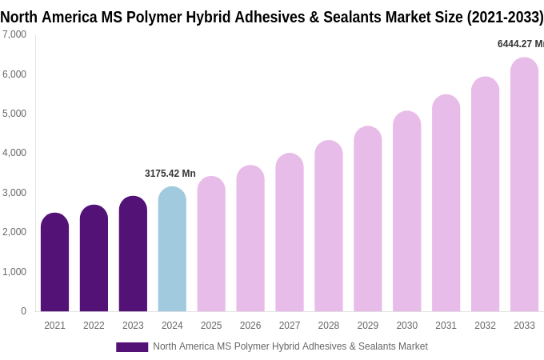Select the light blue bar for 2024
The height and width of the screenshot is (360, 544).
click(x=172, y=250)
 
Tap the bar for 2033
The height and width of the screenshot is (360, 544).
click(x=524, y=185)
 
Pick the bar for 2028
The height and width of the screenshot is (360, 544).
click(x=329, y=226)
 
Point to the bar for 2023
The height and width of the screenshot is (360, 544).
click(x=133, y=254)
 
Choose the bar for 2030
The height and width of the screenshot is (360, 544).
click(x=406, y=211)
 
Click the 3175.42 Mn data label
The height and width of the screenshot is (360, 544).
click(x=170, y=174)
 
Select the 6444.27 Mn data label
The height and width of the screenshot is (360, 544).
click(x=520, y=44)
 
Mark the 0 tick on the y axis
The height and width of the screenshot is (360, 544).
click(x=23, y=311)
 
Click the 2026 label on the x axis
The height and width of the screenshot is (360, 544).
click(x=250, y=326)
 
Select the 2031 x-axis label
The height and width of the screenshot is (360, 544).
click(x=446, y=326)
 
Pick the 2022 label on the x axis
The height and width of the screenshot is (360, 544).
click(x=94, y=326)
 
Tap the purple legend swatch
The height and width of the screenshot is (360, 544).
click(x=132, y=347)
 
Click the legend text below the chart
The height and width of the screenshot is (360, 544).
click(x=290, y=346)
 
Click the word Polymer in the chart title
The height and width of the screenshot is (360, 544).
click(x=158, y=17)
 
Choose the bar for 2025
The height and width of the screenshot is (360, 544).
click(x=211, y=244)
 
